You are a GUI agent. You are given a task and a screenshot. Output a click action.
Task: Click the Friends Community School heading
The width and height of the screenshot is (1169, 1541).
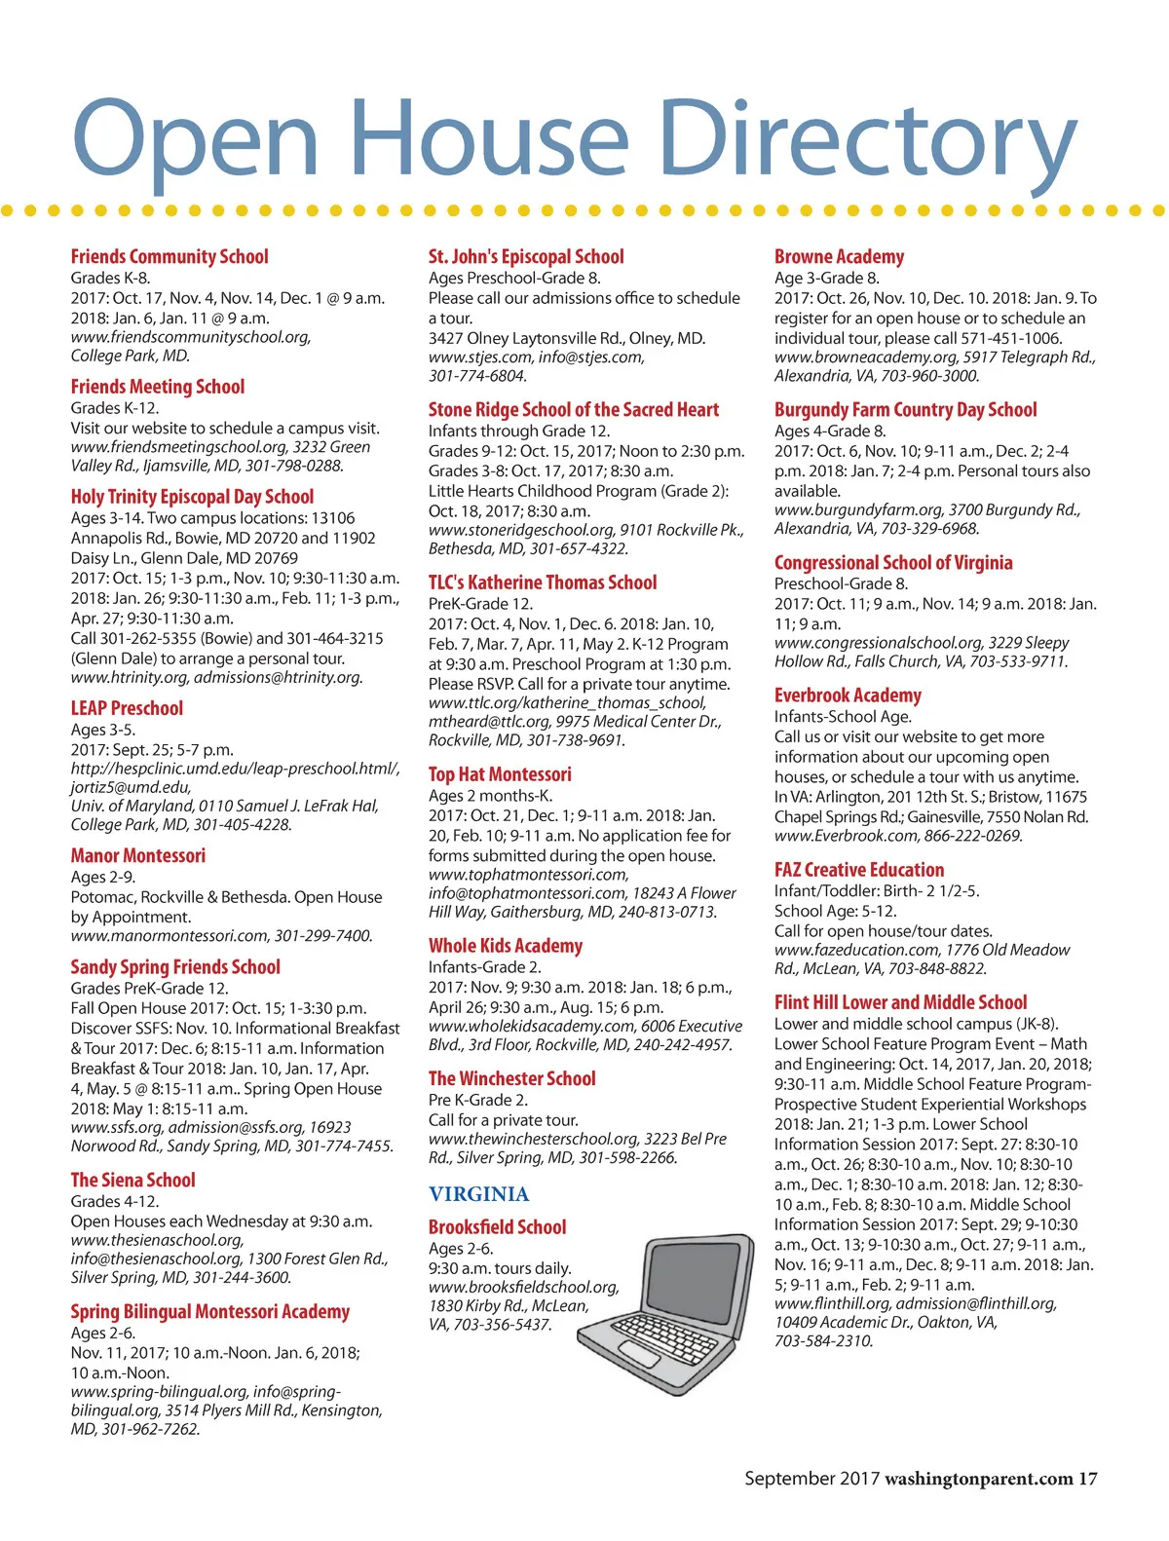coord(170,257)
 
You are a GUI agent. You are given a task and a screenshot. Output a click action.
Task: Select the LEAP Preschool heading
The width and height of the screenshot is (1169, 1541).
coord(127,708)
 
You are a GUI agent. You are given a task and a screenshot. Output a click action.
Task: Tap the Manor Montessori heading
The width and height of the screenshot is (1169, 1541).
coord(137,855)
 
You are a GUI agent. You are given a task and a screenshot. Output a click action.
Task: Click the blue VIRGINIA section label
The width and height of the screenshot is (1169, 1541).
coord(479,1194)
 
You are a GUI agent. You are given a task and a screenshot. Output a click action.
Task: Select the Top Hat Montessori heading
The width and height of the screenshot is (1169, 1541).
coord(500,774)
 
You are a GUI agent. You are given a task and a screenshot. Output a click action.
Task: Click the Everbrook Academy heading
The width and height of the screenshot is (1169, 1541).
coord(848,695)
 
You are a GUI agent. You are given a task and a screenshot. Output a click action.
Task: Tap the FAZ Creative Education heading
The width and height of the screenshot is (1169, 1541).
coord(859,870)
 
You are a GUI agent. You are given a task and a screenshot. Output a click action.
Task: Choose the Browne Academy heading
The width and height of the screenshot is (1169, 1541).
coord(839,257)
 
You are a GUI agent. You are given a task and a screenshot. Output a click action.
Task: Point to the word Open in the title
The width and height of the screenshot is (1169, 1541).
coord(195,139)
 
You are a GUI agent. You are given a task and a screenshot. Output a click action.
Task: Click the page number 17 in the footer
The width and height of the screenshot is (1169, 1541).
coord(1087,1479)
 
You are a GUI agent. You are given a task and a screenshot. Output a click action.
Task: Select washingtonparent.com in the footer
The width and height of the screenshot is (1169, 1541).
coord(978,1479)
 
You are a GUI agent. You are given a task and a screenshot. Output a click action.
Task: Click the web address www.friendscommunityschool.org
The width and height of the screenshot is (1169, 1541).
coord(190,337)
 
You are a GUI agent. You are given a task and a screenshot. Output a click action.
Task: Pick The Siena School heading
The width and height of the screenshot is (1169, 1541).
coord(132,1180)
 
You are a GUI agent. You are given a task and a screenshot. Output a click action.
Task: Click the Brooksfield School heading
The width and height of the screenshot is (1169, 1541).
coord(497,1227)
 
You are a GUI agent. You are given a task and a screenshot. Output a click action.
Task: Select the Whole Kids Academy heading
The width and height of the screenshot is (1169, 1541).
coord(506,946)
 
